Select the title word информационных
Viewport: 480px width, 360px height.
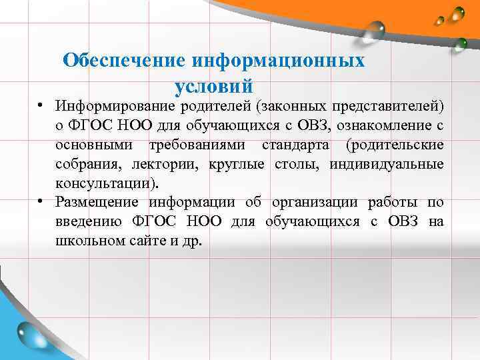click(278, 61)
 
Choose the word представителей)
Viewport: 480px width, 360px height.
click(387, 107)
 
